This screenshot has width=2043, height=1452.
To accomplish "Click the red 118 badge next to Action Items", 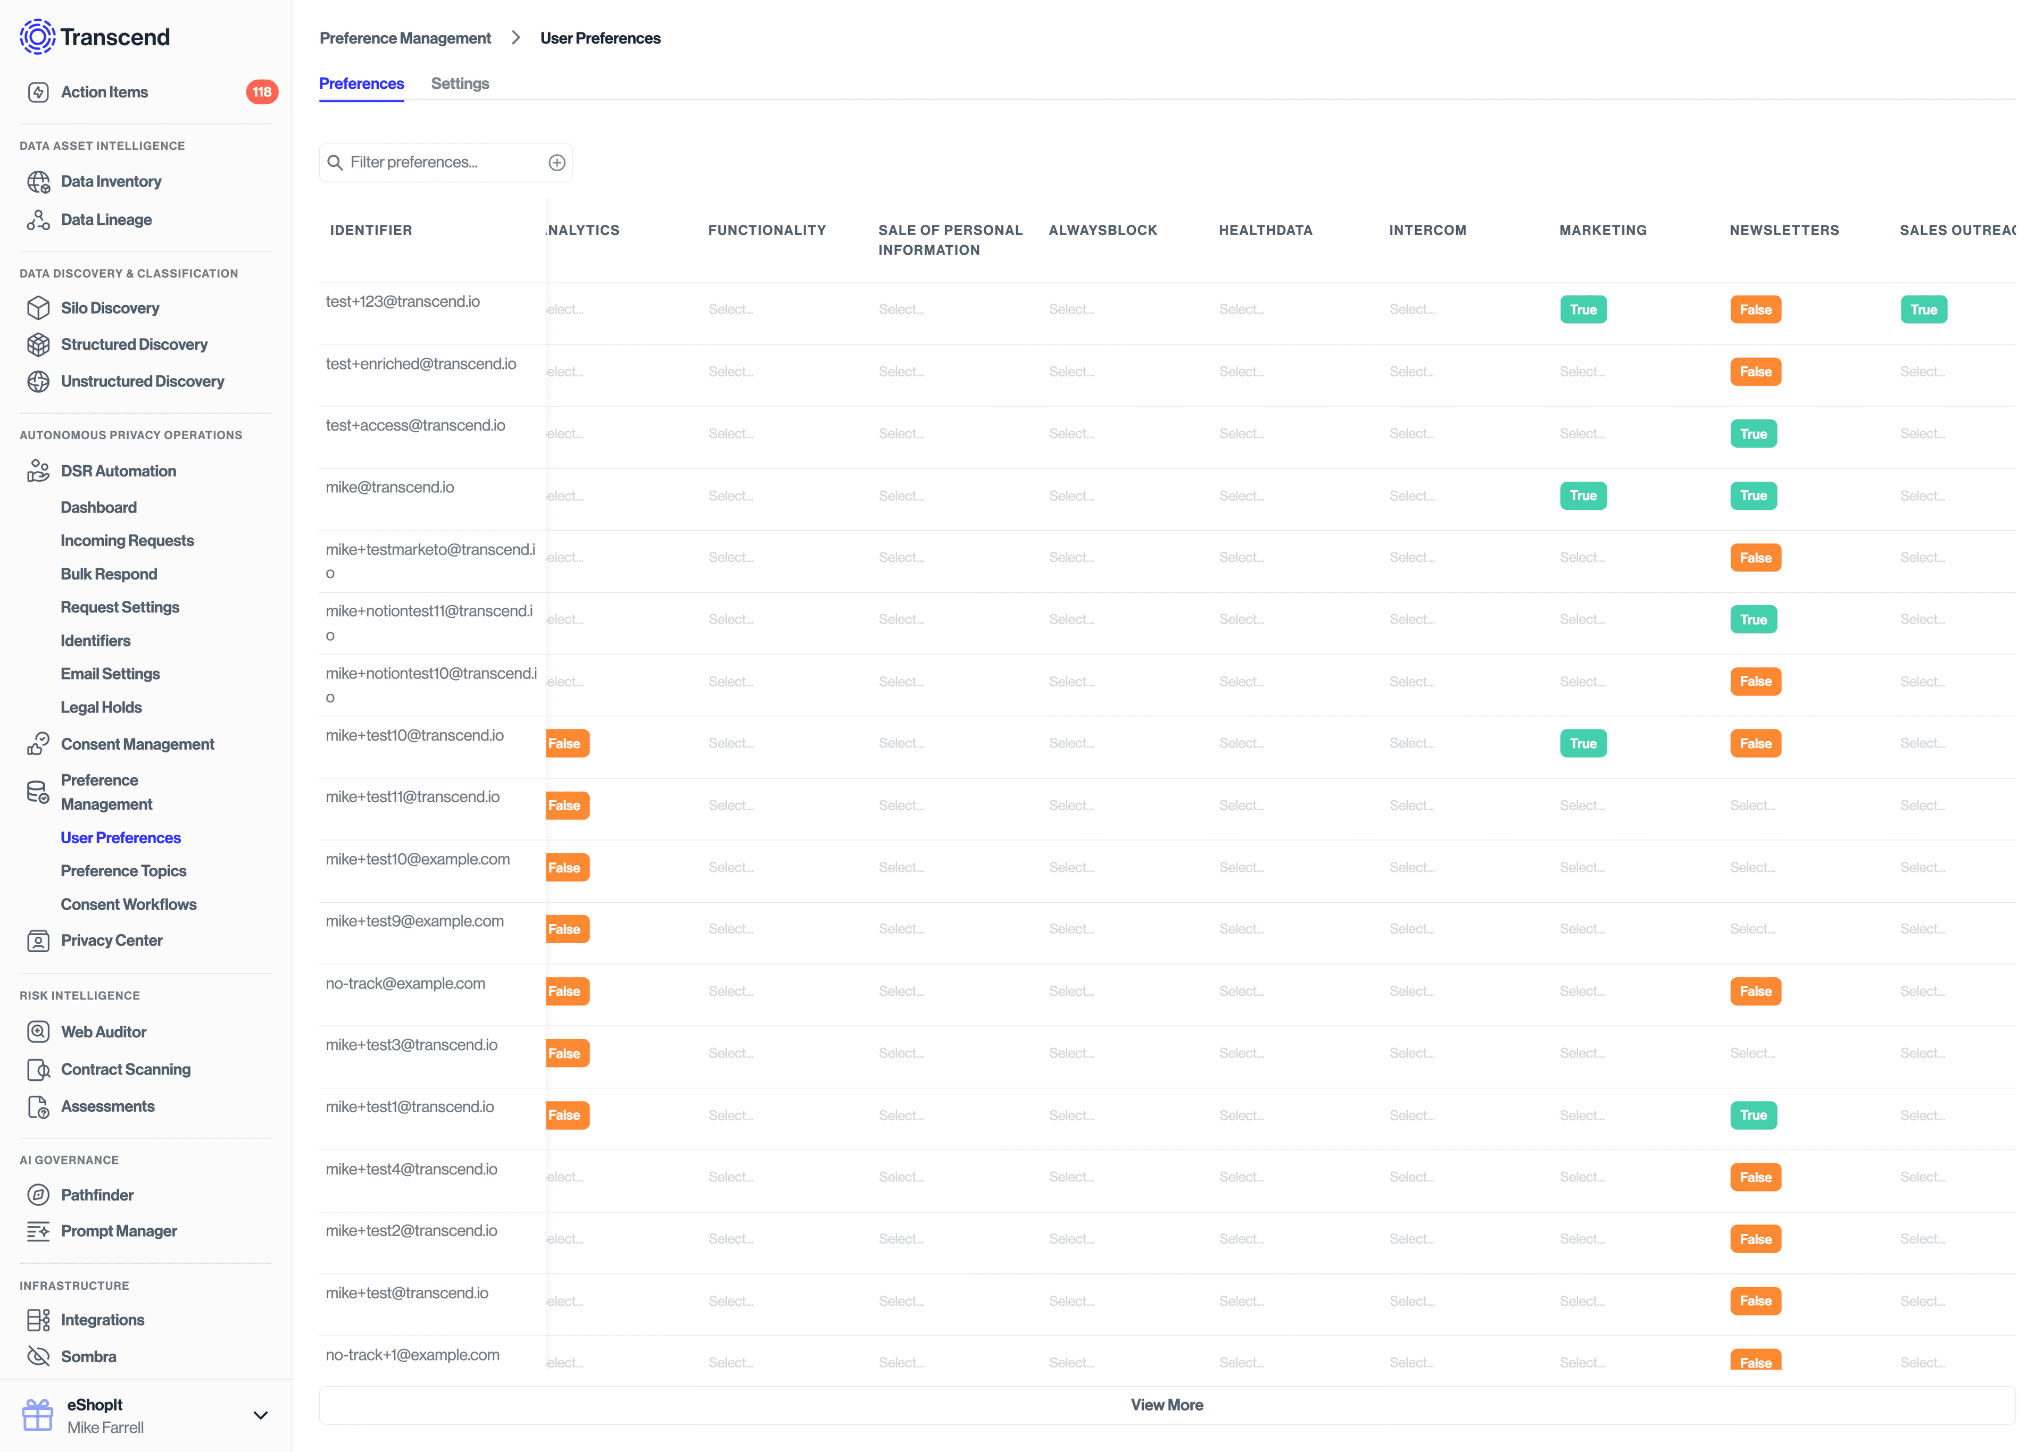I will coord(261,92).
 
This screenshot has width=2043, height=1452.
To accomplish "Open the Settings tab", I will coord(460,83).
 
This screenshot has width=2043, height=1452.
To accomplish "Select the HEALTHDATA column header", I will coord(1265,230).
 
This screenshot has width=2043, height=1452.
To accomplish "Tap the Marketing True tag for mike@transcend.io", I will coord(1582,496).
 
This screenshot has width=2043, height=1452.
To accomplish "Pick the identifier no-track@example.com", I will coord(405,984).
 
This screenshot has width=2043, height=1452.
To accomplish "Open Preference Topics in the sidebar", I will coord(123,871).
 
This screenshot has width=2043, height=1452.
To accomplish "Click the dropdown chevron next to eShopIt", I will coord(260,1415).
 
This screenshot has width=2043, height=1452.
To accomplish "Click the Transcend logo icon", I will coord(38,37).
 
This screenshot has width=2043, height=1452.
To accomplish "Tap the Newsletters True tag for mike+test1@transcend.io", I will coord(1753,1115).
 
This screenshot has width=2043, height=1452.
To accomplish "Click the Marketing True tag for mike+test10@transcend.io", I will coord(1582,743).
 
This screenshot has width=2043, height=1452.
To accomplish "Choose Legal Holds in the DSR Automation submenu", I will coord(101,707).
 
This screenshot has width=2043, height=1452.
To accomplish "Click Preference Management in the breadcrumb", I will coord(405,38).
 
